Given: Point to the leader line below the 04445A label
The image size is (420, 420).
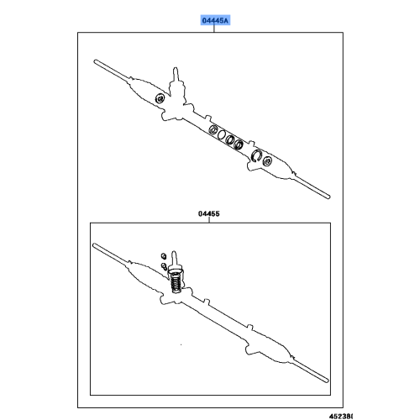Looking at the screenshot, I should [x=214, y=29].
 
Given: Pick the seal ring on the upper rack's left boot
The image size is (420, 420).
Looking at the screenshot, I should [x=159, y=99].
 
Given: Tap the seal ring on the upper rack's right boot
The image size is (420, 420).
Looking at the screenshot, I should [x=258, y=155].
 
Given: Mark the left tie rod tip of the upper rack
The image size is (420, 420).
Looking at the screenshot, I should [x=97, y=62].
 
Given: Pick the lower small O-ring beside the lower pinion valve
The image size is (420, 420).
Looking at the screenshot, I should [x=163, y=268].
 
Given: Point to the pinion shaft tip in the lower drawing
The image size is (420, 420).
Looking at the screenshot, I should [x=176, y=253].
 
